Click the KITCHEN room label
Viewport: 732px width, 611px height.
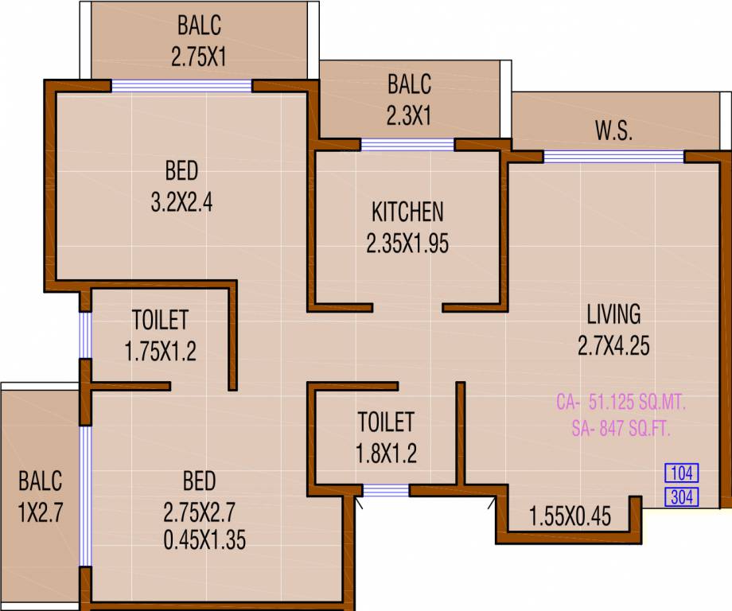[x=407, y=212]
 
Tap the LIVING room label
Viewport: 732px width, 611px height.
[x=613, y=314]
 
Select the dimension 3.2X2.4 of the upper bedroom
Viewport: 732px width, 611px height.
[x=181, y=203]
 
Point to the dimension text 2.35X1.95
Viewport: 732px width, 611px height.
[x=407, y=243]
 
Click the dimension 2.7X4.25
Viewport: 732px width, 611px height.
[x=613, y=345]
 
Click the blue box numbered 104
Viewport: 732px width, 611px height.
[x=681, y=473]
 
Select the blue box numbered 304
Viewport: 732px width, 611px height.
[x=681, y=498]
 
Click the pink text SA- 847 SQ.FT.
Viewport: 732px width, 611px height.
[x=621, y=430]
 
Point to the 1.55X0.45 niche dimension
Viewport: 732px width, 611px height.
[x=570, y=518]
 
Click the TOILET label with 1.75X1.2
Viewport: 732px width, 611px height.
[x=160, y=320]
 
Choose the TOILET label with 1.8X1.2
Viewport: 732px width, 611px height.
[x=385, y=422]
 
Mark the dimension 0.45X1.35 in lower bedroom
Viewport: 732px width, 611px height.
[x=204, y=541]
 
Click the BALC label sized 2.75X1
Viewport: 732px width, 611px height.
[x=199, y=25]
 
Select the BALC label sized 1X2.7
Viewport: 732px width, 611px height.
[x=40, y=481]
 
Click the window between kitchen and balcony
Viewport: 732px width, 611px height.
[x=407, y=145]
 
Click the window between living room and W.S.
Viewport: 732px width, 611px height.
[x=613, y=157]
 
